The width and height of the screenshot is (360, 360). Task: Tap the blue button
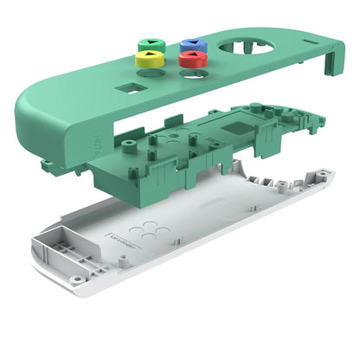click(x=190, y=44)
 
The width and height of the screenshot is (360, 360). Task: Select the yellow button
click(x=148, y=59)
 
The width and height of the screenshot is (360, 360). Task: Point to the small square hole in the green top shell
click(x=130, y=87)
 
